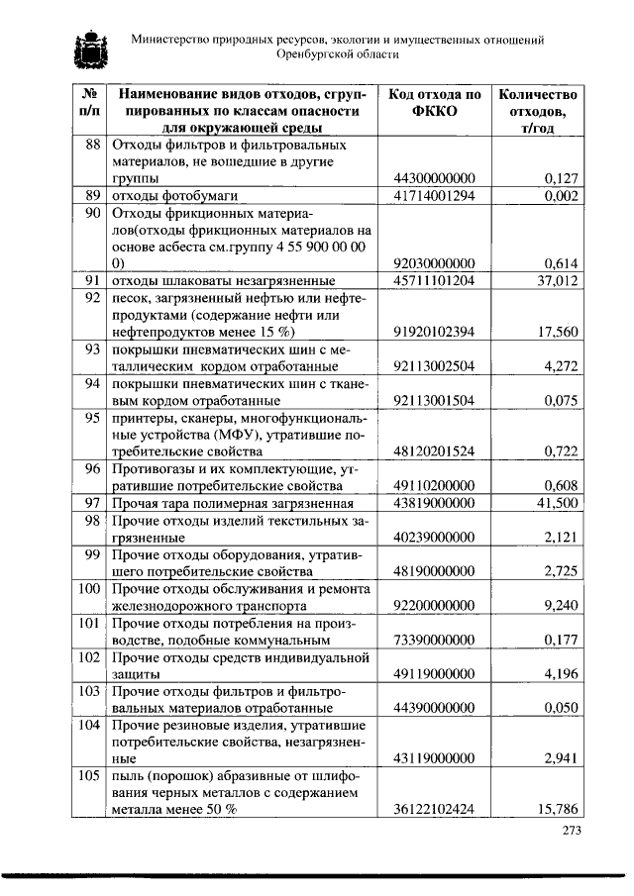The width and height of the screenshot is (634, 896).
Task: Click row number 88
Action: tap(93, 145)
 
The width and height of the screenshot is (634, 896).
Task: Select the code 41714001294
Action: tap(435, 195)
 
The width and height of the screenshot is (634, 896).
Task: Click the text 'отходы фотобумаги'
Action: tap(172, 195)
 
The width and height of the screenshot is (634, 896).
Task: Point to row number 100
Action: tap(90, 589)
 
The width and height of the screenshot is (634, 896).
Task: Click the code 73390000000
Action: tap(435, 640)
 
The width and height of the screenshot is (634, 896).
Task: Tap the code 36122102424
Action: tap(435, 810)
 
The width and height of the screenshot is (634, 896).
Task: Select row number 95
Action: tap(93, 417)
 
